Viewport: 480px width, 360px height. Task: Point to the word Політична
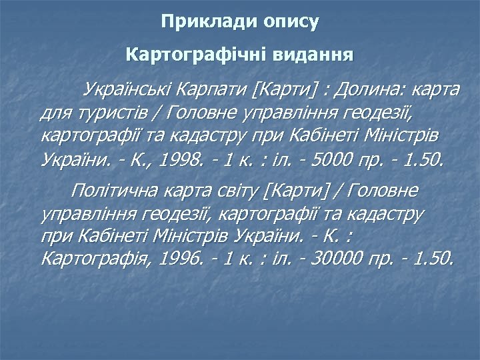(113, 192)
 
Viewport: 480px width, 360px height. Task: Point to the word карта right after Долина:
(437, 89)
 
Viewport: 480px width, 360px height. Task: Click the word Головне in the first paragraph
(199, 113)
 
